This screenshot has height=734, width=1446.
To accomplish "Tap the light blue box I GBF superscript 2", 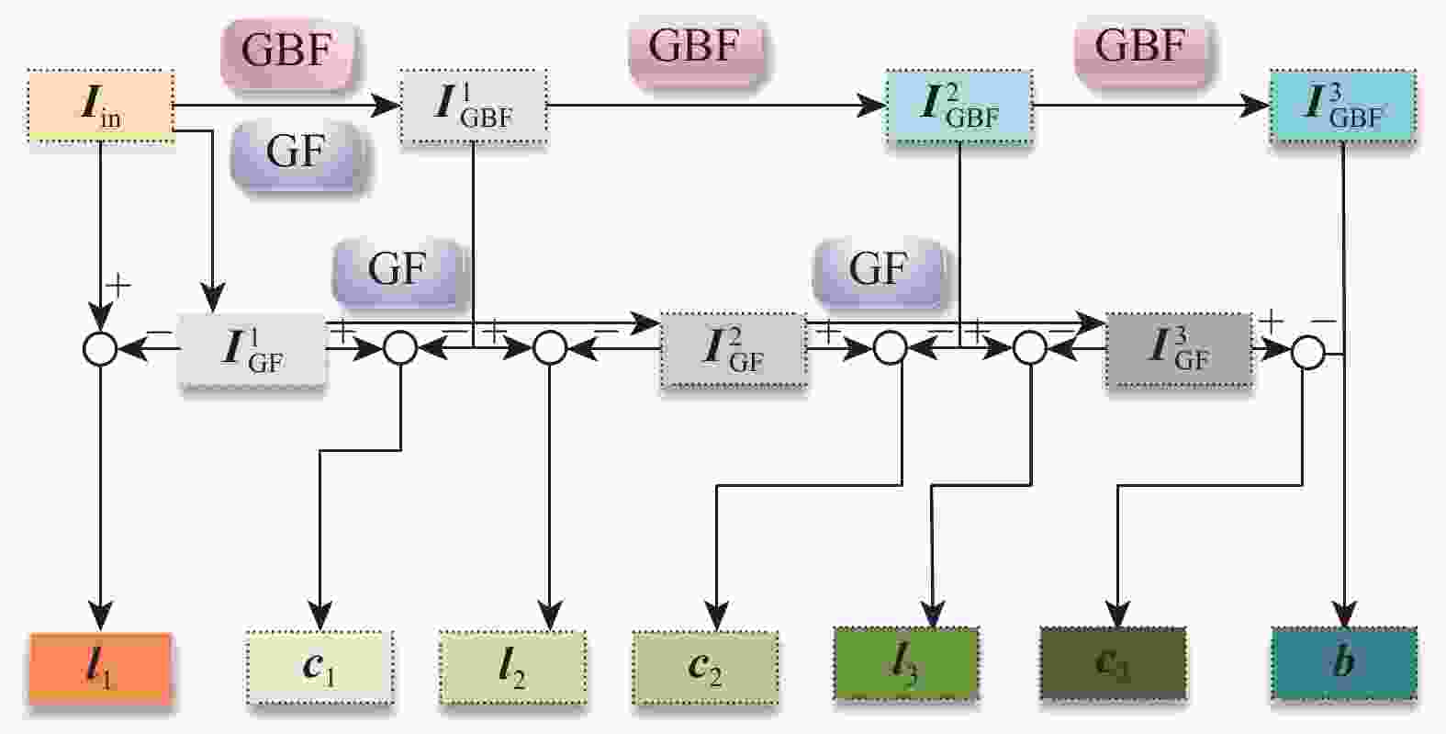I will coord(959,107).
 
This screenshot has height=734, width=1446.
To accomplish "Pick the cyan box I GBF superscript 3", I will coord(1344,107).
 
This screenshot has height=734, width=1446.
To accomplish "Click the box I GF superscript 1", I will coord(252,351).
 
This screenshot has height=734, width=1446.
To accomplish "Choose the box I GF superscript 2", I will coord(734,351).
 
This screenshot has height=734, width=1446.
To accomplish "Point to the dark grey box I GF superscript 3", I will coord(1179,351).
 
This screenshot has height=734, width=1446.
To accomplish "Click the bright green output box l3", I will coord(905,664).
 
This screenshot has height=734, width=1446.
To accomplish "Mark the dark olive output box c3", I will coord(1113,664).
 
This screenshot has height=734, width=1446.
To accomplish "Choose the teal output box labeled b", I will coord(1344,664).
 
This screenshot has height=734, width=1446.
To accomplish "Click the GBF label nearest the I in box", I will coord(286,50).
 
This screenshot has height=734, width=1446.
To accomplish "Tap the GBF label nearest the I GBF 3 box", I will coord(1140,46).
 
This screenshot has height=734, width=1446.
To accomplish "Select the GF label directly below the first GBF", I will coord(297,152).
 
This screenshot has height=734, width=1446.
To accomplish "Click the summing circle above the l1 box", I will coord(100,349).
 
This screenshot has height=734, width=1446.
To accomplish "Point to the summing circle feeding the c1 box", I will coord(400,348).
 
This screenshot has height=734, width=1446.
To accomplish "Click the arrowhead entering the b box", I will coord(1345,615).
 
